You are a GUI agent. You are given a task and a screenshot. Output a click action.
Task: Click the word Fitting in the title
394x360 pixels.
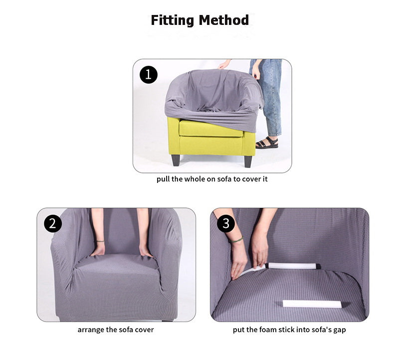click(x=173, y=20)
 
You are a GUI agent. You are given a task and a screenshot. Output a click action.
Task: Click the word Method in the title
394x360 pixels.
click(x=223, y=20)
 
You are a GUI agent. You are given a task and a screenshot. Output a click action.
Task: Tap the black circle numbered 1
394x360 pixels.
click(x=149, y=75)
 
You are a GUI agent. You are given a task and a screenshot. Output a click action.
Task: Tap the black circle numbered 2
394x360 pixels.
click(x=53, y=223)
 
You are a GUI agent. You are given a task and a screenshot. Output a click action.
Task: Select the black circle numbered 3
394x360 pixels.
click(x=226, y=223)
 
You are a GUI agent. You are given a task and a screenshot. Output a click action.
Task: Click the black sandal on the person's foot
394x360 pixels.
click(x=267, y=143)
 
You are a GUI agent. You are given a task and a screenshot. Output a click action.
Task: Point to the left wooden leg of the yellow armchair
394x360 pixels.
click(x=176, y=160)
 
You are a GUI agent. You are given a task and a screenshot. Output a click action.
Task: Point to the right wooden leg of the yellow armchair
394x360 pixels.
click(x=248, y=162)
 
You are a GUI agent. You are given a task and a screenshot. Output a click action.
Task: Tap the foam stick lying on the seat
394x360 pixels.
click(x=312, y=304)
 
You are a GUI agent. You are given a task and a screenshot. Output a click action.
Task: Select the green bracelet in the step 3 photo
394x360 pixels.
click(x=236, y=240)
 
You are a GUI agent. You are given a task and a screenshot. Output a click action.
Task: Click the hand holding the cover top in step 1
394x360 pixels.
click(x=224, y=64)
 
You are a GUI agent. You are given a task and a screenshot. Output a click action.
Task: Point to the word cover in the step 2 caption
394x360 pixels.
click(x=144, y=330)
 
